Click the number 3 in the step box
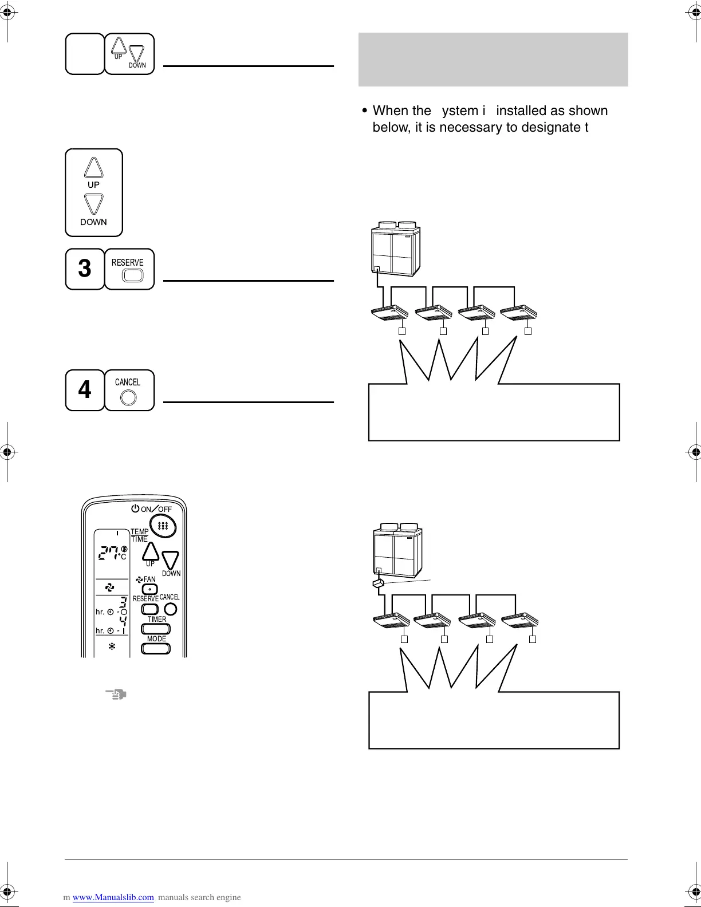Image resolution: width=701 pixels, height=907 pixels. (x=84, y=269)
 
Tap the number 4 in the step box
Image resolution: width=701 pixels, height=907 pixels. (x=84, y=390)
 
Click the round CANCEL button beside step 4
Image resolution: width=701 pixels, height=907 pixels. (x=129, y=397)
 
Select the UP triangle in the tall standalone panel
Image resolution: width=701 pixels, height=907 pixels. (x=93, y=168)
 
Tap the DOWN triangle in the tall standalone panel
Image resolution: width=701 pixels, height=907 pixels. (x=93, y=204)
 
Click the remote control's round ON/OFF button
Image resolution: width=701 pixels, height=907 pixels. (x=163, y=526)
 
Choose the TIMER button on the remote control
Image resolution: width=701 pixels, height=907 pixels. (x=156, y=629)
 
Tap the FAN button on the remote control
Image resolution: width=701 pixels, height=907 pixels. (x=149, y=589)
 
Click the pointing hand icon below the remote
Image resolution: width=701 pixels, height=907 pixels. (x=116, y=695)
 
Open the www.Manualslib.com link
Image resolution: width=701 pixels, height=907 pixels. (x=113, y=897)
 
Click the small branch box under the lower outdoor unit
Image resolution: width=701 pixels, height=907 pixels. (x=377, y=584)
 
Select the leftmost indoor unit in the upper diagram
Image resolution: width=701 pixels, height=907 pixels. (x=389, y=313)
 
